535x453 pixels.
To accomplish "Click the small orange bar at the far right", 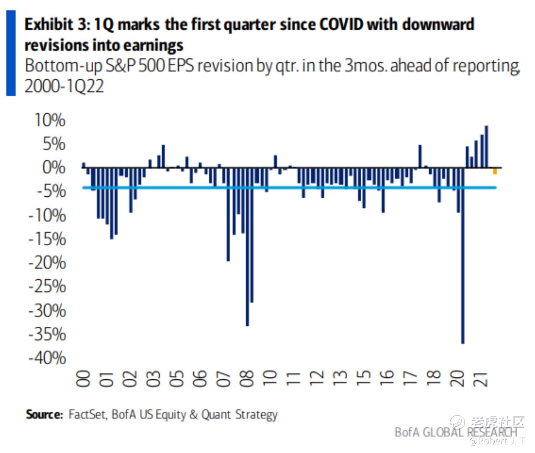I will (495, 171).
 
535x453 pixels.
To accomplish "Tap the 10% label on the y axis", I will (49, 120).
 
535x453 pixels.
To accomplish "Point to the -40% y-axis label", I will (47, 357).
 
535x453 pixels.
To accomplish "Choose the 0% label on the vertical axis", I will (53, 167).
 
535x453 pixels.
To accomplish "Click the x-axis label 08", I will (247, 378).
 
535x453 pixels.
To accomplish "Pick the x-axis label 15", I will (364, 378).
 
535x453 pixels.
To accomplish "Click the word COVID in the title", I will (341, 25).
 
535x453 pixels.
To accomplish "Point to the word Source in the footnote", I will (44, 414).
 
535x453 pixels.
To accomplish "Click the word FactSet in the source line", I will (87, 414).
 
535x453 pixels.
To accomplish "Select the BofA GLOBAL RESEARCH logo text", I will (455, 432).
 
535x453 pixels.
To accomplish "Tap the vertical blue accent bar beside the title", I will (11, 53).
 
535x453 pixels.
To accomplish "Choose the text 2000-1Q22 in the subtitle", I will (64, 86).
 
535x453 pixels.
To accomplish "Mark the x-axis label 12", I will (317, 378).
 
